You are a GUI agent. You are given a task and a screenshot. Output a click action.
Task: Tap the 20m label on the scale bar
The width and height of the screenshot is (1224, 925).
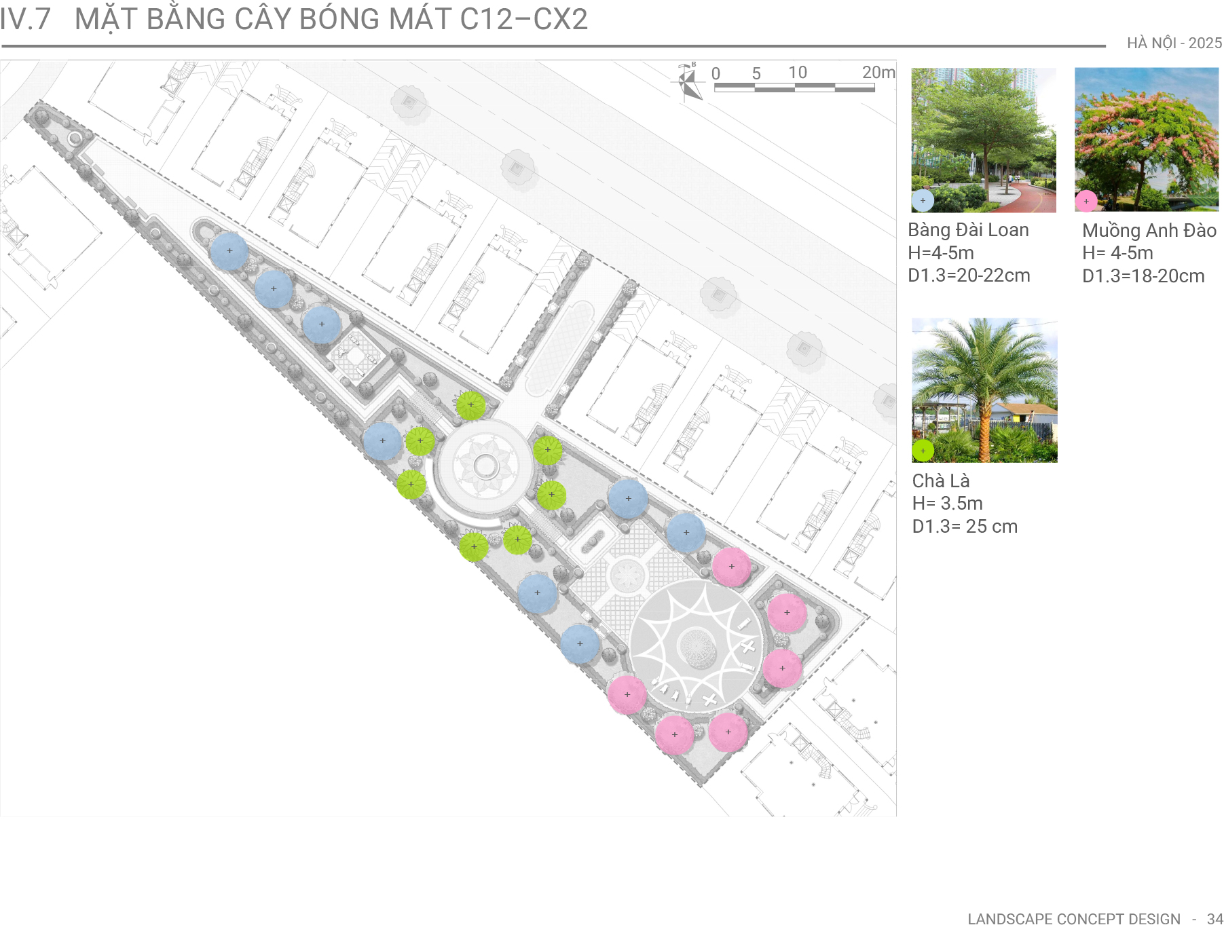[878, 72]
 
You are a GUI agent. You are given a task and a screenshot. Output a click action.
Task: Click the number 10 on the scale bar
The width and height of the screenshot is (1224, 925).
[798, 72]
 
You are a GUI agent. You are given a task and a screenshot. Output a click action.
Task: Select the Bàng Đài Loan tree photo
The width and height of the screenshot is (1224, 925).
[984, 140]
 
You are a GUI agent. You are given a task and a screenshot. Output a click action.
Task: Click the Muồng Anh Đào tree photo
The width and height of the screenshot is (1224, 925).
[1147, 139]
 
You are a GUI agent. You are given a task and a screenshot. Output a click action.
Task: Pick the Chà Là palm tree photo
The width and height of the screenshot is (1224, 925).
[984, 390]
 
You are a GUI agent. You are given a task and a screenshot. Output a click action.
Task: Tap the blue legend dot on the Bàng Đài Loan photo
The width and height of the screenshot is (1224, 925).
[923, 201]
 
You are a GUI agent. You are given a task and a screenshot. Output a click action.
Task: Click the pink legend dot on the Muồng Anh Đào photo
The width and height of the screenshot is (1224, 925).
[1086, 201]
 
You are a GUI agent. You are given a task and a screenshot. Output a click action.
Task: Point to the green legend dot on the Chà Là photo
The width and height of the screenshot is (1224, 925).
[923, 451]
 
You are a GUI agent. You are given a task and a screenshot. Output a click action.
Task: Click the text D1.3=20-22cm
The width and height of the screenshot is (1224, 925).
[969, 276]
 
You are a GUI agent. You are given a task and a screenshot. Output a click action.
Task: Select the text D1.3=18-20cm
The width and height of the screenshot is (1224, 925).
[1143, 276]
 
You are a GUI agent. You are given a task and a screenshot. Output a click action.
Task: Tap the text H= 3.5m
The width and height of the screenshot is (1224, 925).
[948, 504]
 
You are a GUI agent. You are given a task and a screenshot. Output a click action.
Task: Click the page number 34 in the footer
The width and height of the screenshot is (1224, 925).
[1215, 919]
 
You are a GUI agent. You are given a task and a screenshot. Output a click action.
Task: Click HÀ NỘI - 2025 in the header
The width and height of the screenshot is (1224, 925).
[1174, 43]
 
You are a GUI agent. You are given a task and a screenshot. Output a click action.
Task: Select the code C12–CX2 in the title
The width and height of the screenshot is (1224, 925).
[523, 19]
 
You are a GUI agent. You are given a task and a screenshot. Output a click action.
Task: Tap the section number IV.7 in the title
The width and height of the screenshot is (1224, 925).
[25, 19]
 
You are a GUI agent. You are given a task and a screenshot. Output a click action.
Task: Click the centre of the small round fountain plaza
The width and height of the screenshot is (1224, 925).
[485, 466]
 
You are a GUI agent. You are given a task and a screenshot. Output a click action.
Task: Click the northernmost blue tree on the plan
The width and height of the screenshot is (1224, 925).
[229, 250]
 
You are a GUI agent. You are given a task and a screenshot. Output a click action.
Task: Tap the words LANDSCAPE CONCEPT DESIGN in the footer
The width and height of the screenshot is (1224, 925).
[1074, 919]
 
